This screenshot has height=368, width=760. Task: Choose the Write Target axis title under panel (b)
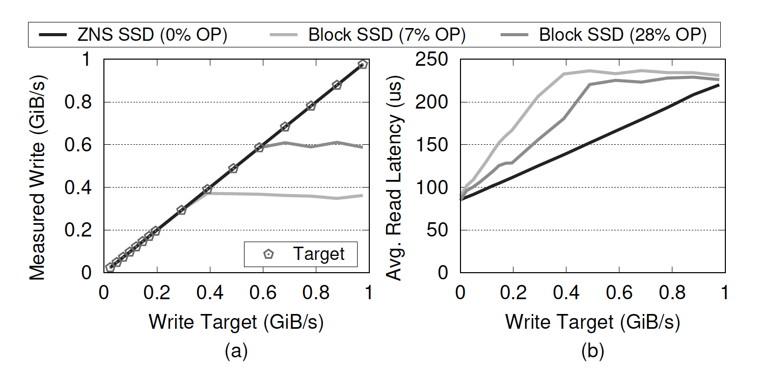point(592,322)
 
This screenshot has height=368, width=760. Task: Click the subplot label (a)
point(236,351)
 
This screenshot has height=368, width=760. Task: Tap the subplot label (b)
point(592,351)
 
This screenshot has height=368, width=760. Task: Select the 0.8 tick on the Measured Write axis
point(79,102)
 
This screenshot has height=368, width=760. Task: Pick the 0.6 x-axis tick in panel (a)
point(262,293)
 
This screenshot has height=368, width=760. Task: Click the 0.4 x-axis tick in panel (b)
point(565,293)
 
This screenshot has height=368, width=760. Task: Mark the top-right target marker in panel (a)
point(363,64)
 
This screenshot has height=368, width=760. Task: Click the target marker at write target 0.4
point(207,189)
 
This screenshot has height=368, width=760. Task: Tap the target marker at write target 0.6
point(259,147)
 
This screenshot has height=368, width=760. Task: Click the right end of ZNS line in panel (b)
point(719,85)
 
